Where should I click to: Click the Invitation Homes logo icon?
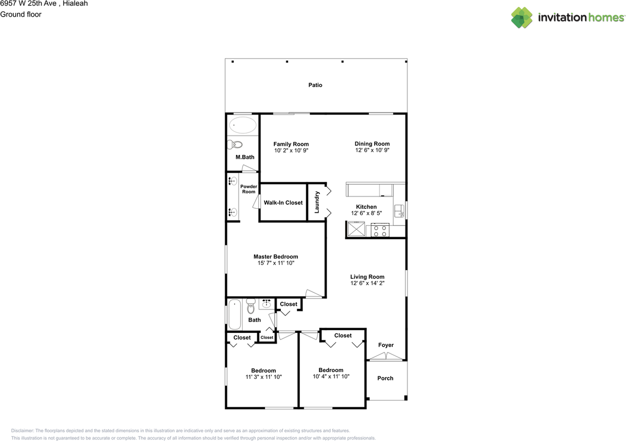[522, 18]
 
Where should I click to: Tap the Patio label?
[315, 85]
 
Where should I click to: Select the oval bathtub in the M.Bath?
[243, 126]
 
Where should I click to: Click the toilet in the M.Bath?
[235, 145]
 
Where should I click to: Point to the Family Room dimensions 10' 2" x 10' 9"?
[291, 151]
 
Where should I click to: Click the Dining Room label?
[372, 144]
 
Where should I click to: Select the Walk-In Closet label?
[283, 203]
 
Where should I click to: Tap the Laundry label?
[317, 202]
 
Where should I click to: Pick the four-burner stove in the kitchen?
[380, 230]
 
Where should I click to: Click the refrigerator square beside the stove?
[356, 229]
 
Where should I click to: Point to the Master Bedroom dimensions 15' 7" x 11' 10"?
[276, 263]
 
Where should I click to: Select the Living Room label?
[367, 277]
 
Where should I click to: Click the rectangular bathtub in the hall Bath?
[234, 314]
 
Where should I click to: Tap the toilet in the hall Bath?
[251, 306]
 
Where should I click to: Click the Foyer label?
[386, 345]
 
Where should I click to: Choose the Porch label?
[385, 378]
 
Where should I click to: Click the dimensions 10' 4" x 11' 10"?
[331, 376]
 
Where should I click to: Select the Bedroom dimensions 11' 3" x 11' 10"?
[264, 377]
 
